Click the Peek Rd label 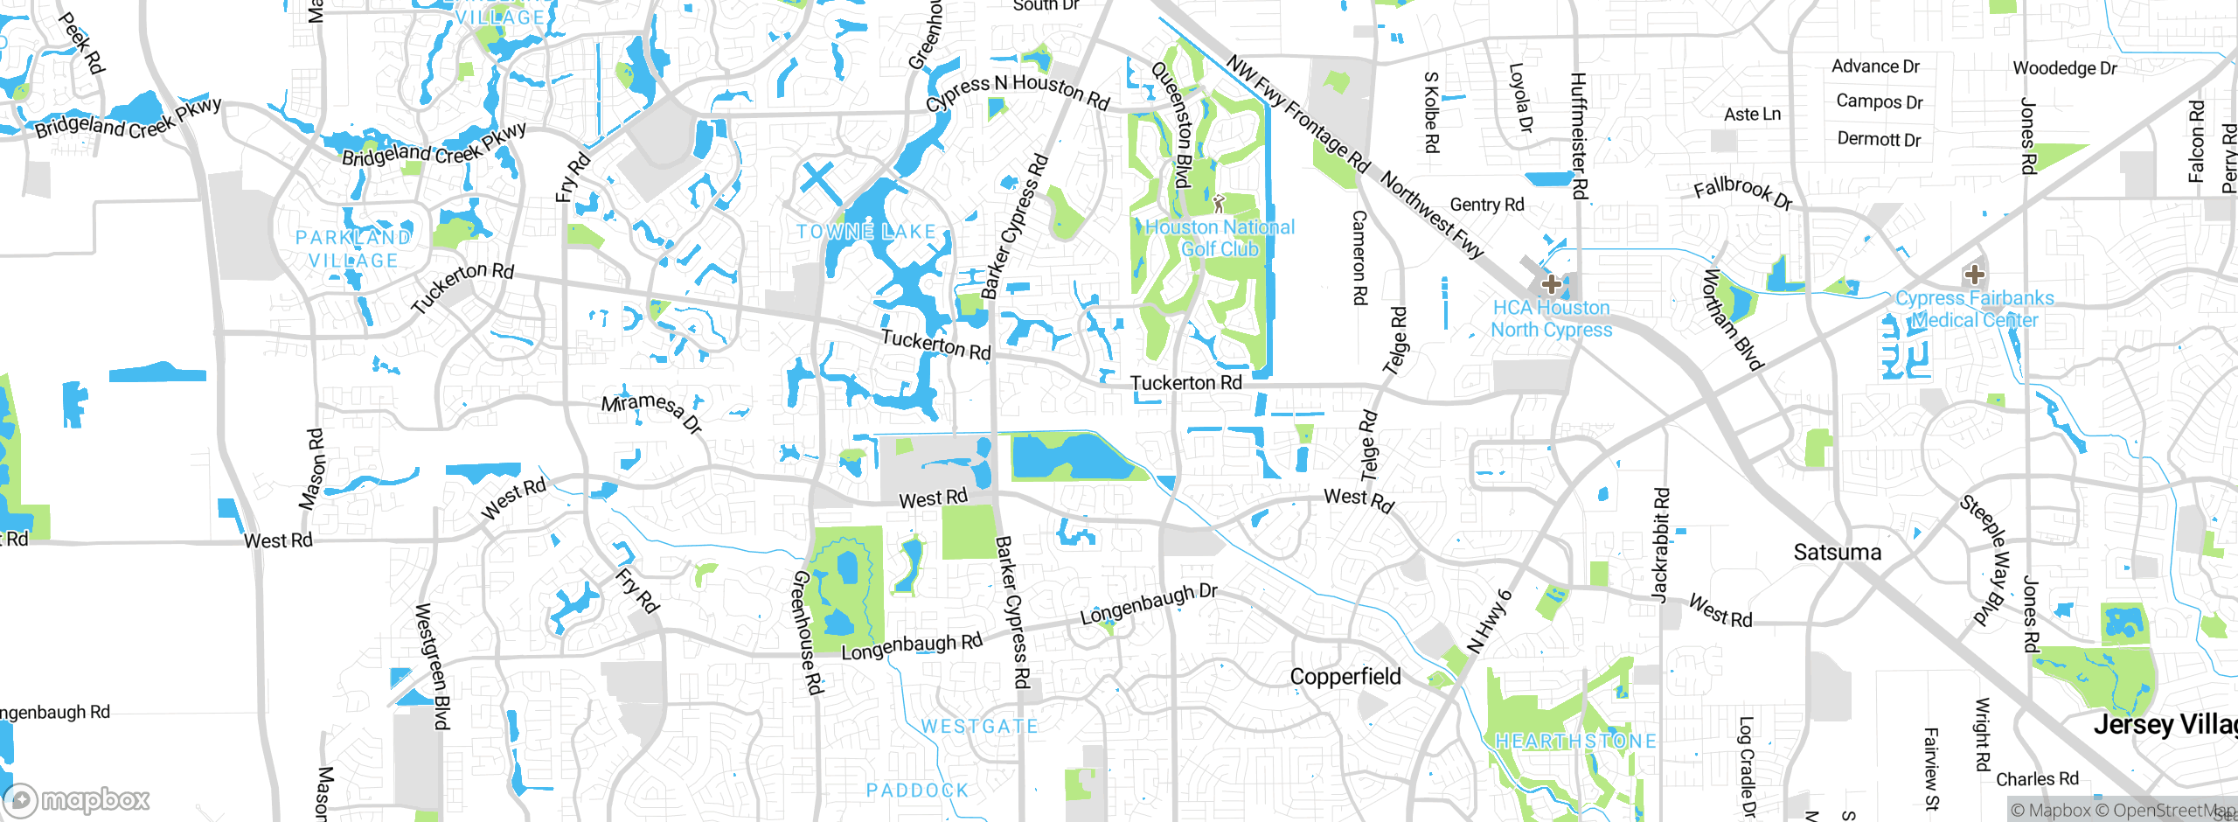click(82, 42)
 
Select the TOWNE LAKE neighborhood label click(865, 232)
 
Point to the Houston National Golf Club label click(1220, 238)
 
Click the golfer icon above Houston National click(1219, 204)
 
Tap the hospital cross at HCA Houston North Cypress click(1552, 284)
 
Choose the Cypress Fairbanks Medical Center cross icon click(1974, 275)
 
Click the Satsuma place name click(1837, 553)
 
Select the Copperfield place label click(1345, 677)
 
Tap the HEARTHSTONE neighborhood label click(1575, 742)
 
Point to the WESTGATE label click(980, 727)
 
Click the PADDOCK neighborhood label click(917, 791)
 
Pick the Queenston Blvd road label click(1172, 124)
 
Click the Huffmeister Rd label click(1578, 136)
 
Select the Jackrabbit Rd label click(1660, 545)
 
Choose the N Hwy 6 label click(1490, 622)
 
